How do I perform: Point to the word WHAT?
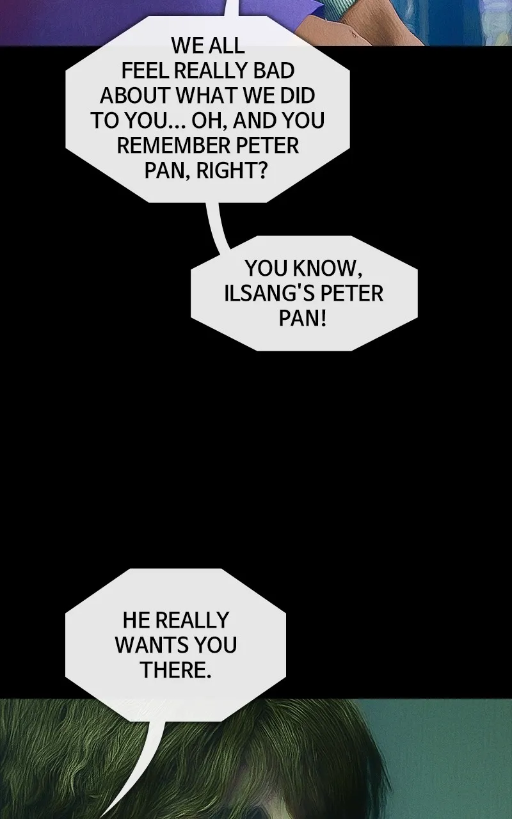pyautogui.click(x=207, y=95)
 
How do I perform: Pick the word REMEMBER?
pyautogui.click(x=173, y=145)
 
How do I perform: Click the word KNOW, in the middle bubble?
pyautogui.click(x=327, y=268)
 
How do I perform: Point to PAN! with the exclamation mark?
pyautogui.click(x=302, y=318)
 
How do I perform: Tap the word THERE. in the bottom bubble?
pyautogui.click(x=175, y=669)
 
